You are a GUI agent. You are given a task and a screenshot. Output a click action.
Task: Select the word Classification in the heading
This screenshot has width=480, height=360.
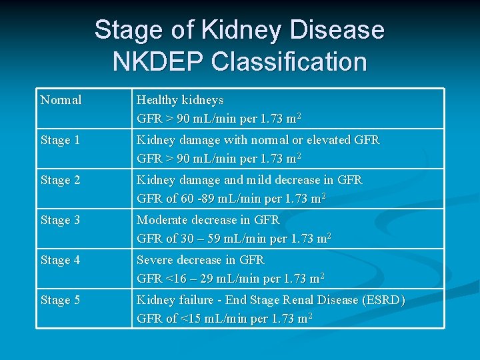289,62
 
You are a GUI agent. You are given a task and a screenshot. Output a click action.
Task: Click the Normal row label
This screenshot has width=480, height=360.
61,100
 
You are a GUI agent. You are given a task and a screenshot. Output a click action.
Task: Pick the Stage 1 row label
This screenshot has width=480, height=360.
60,140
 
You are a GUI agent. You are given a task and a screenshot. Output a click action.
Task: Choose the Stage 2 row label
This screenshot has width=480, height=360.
60,180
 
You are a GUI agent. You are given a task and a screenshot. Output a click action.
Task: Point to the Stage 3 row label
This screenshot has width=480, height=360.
60,220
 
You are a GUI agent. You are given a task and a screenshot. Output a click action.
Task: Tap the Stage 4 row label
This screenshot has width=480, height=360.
60,260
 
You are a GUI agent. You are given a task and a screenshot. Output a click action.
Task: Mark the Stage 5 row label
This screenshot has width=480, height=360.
60,300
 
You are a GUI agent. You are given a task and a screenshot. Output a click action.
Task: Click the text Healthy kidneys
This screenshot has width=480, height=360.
180,100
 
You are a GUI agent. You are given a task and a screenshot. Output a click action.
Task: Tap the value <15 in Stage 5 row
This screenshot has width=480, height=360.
189,319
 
